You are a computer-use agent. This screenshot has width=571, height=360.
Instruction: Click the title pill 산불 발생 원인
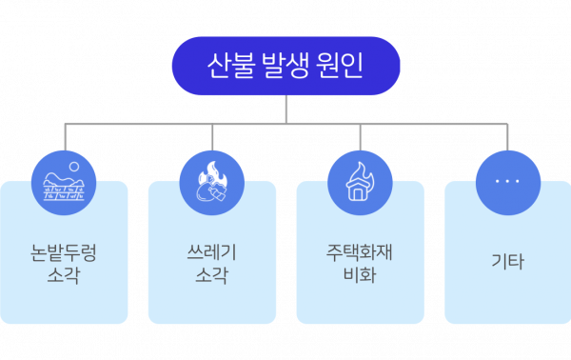click(x=285, y=66)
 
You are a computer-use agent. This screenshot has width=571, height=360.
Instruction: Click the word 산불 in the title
click(x=229, y=66)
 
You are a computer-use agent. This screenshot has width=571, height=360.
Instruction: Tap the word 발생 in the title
click(x=285, y=66)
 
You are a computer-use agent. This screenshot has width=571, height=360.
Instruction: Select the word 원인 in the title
click(x=340, y=66)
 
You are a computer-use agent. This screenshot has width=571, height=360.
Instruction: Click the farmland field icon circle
click(x=64, y=183)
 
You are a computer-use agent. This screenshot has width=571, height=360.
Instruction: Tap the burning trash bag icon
click(x=212, y=183)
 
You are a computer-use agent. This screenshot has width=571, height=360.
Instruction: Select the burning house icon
click(x=360, y=183)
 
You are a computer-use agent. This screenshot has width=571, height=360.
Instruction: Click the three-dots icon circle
click(x=508, y=183)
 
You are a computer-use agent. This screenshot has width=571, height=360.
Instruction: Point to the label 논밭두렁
click(x=64, y=252)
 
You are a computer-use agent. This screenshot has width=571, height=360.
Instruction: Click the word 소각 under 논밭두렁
click(x=64, y=275)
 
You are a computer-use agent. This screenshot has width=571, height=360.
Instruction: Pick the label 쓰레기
click(x=211, y=252)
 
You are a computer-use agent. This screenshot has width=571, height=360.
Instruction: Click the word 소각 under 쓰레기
click(x=211, y=275)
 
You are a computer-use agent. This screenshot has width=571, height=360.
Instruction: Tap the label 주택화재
click(x=360, y=252)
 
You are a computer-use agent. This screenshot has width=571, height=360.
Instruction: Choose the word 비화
click(x=360, y=275)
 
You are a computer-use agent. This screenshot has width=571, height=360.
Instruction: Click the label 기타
click(x=507, y=262)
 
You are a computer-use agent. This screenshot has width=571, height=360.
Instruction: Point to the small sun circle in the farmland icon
click(x=74, y=167)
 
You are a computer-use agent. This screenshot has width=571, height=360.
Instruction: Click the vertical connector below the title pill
click(x=286, y=110)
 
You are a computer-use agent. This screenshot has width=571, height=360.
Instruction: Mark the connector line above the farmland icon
click(x=65, y=137)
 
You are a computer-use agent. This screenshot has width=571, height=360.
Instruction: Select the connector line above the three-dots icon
click(x=507, y=137)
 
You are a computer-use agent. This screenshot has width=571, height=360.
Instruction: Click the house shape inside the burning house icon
click(x=358, y=190)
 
